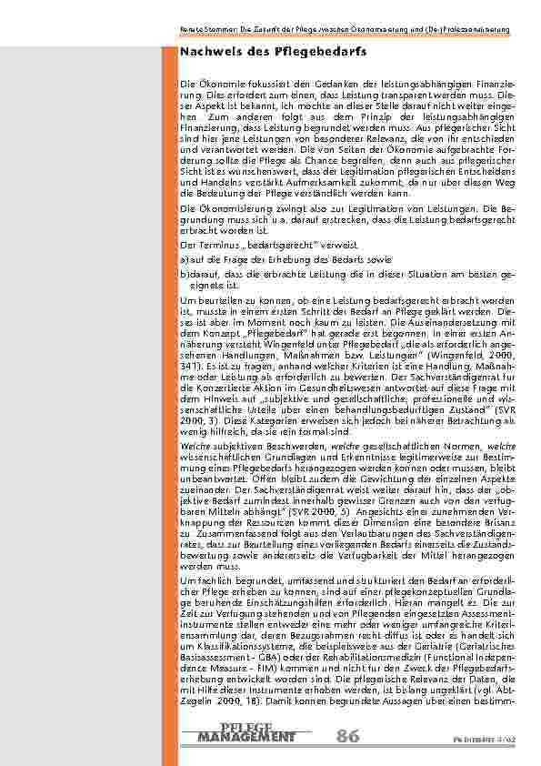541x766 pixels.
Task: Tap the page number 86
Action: point(347,736)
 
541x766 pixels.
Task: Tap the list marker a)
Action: point(184,259)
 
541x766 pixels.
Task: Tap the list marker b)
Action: point(184,272)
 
